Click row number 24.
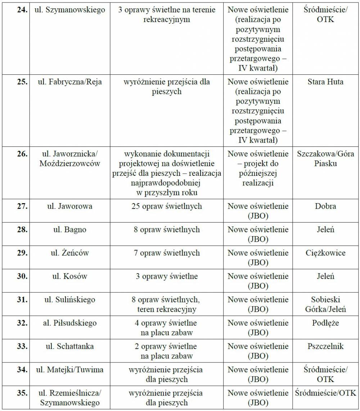tap(22, 10)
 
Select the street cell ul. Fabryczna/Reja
tap(70, 82)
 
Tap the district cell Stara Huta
tap(325, 82)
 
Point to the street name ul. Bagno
tap(70, 230)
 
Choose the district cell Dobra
tap(325, 206)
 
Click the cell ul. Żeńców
tap(70, 253)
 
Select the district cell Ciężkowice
tap(325, 253)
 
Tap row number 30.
tap(22, 277)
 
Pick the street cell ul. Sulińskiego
tap(70, 300)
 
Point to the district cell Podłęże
tap(325, 323)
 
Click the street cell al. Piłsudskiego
tap(70, 323)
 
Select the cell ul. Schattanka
tap(70, 347)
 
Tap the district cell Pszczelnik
tap(325, 347)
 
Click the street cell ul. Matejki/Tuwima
tap(70, 370)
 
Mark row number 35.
tap(22, 393)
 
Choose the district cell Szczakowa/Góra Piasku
tap(325, 159)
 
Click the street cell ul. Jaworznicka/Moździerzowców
tap(70, 159)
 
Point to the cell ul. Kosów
tap(70, 277)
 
